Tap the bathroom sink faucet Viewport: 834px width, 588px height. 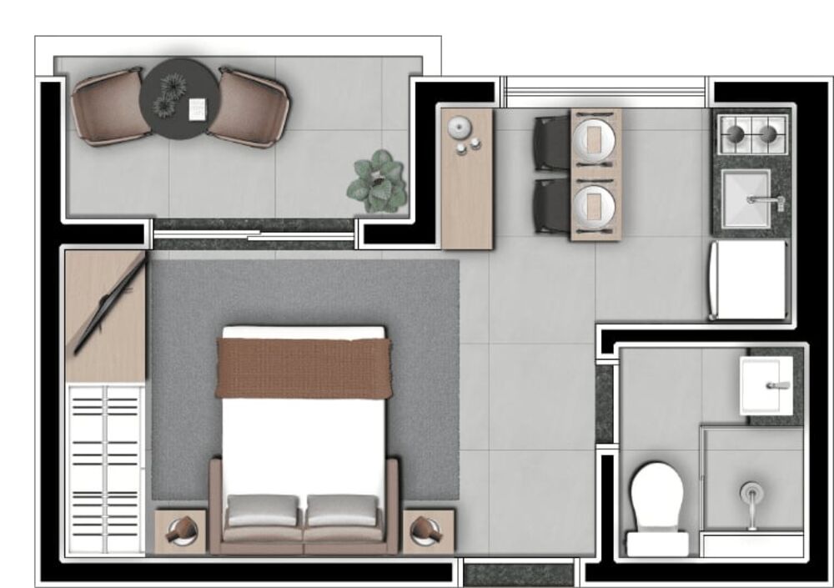point(777,385)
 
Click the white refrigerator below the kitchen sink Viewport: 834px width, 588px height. point(748,280)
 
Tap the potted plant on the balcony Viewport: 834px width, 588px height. point(378,182)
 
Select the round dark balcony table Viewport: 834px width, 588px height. point(175,98)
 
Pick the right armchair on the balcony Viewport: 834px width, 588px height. point(249,107)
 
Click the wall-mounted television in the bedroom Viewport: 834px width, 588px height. point(108,304)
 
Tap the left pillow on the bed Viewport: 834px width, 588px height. point(262,510)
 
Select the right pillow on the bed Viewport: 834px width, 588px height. point(342,510)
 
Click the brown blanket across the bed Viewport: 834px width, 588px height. point(304,367)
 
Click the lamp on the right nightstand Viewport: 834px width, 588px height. point(427,530)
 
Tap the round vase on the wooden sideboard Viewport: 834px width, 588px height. point(459,128)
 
